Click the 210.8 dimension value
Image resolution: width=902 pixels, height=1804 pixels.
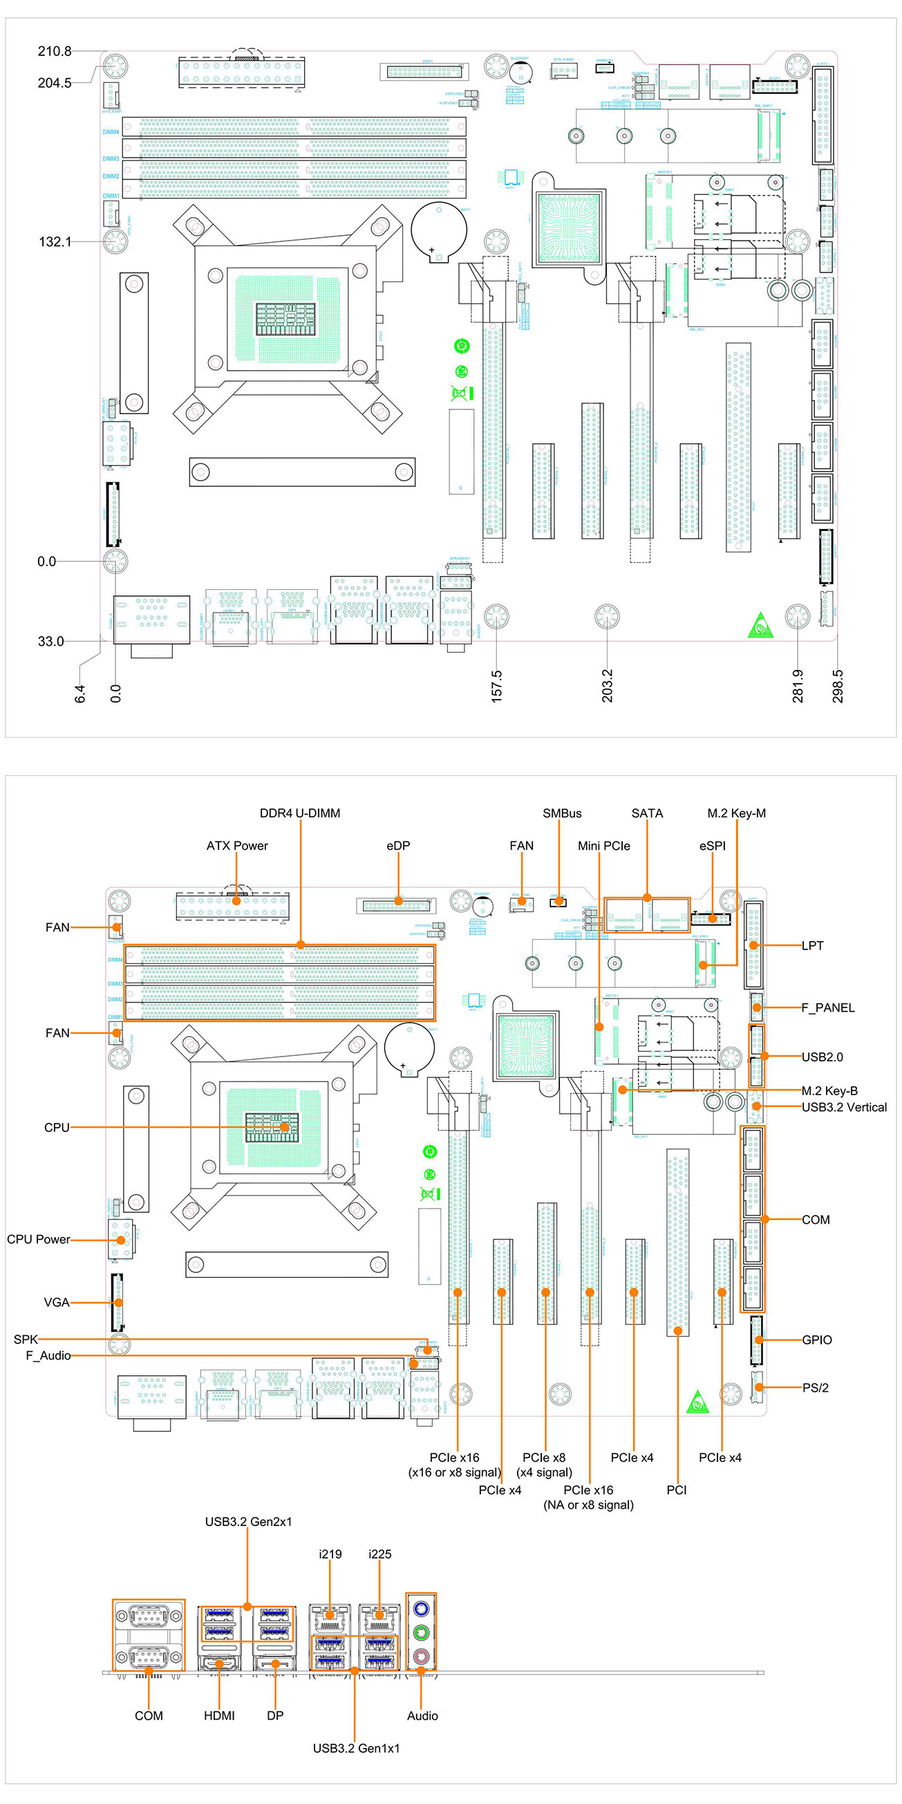point(55,51)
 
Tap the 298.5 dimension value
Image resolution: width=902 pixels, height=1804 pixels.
point(838,686)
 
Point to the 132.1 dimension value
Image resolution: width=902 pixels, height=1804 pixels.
point(55,241)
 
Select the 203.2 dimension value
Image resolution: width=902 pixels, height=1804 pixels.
point(607,686)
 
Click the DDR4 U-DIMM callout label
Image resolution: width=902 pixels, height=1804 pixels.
point(300,813)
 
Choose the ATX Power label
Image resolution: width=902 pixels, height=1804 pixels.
point(236,845)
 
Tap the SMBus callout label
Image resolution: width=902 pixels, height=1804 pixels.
point(562,813)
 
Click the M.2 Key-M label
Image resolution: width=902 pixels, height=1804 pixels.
point(736,813)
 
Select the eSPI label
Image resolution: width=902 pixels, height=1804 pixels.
point(712,845)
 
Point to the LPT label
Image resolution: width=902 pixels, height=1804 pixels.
point(812,945)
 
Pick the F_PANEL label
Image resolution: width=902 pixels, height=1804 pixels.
point(828,1007)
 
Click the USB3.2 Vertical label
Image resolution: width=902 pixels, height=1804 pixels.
point(844,1107)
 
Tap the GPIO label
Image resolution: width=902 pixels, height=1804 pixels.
point(816,1340)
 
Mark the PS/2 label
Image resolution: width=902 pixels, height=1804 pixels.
point(815,1387)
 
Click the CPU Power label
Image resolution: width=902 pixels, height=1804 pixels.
point(39,1239)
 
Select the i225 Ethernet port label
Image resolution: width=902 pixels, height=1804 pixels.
point(379,1554)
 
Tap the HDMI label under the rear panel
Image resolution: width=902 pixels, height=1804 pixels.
point(219,1715)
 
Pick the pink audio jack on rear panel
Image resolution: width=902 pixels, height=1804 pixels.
point(421,1656)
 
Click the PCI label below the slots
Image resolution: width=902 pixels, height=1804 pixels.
point(677,1489)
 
